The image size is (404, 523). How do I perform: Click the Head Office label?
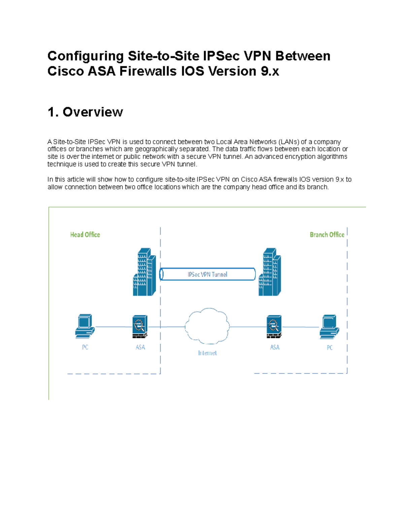point(85,235)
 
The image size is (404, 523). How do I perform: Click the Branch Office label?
point(327,235)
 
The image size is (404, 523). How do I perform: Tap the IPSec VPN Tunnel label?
point(207,274)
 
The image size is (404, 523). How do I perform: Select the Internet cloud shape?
point(207,326)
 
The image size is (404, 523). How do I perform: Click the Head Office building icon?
point(144,272)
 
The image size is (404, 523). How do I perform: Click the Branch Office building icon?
point(270,272)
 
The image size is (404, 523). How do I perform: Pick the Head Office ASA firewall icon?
point(140,327)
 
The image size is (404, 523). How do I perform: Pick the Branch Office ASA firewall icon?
point(274,327)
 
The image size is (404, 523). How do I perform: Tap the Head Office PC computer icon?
point(85,326)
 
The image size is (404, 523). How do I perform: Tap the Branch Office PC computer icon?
point(329,327)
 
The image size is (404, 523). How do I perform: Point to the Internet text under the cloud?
point(207,353)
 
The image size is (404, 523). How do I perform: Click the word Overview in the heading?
point(93,112)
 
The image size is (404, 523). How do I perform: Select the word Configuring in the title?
point(86,56)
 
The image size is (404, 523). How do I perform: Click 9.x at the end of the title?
point(270,71)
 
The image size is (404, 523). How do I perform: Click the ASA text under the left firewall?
point(140,347)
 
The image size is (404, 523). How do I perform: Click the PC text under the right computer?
point(330,348)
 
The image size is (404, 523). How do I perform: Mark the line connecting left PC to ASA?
point(113,327)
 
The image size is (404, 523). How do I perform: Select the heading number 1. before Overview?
point(53,112)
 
